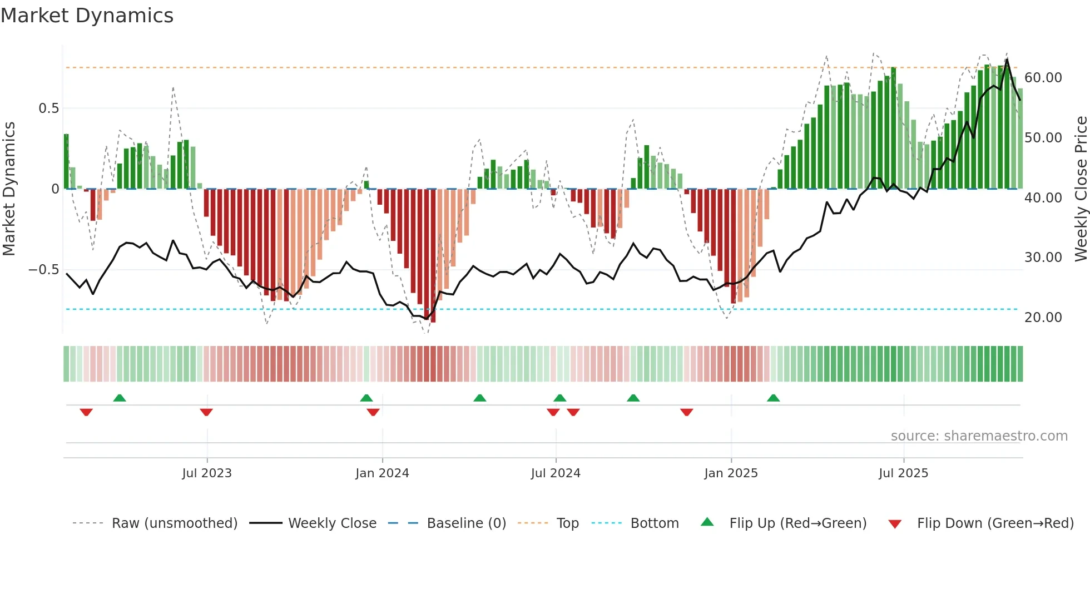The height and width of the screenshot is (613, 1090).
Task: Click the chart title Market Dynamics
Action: tap(87, 16)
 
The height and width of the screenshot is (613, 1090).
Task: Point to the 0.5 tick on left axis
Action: tap(48, 108)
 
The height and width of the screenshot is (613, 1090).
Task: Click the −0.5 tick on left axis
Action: tap(44, 270)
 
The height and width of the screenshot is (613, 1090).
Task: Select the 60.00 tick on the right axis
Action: tap(1043, 78)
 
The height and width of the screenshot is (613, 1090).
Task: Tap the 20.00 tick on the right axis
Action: tap(1043, 318)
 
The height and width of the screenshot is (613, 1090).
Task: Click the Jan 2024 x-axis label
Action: tap(382, 473)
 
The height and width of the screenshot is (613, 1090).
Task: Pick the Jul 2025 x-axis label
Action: tap(903, 473)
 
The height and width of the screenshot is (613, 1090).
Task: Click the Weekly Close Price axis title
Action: tap(1081, 189)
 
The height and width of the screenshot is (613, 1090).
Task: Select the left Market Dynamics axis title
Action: tap(9, 189)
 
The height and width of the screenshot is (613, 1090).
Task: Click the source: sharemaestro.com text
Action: tap(979, 436)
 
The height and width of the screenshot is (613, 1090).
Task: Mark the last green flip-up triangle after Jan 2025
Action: tap(773, 398)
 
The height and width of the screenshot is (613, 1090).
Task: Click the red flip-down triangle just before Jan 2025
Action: tap(686, 412)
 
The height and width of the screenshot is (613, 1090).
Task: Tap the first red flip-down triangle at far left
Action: tap(86, 412)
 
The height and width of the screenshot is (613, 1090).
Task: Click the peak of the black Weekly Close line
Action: tap(1007, 60)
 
